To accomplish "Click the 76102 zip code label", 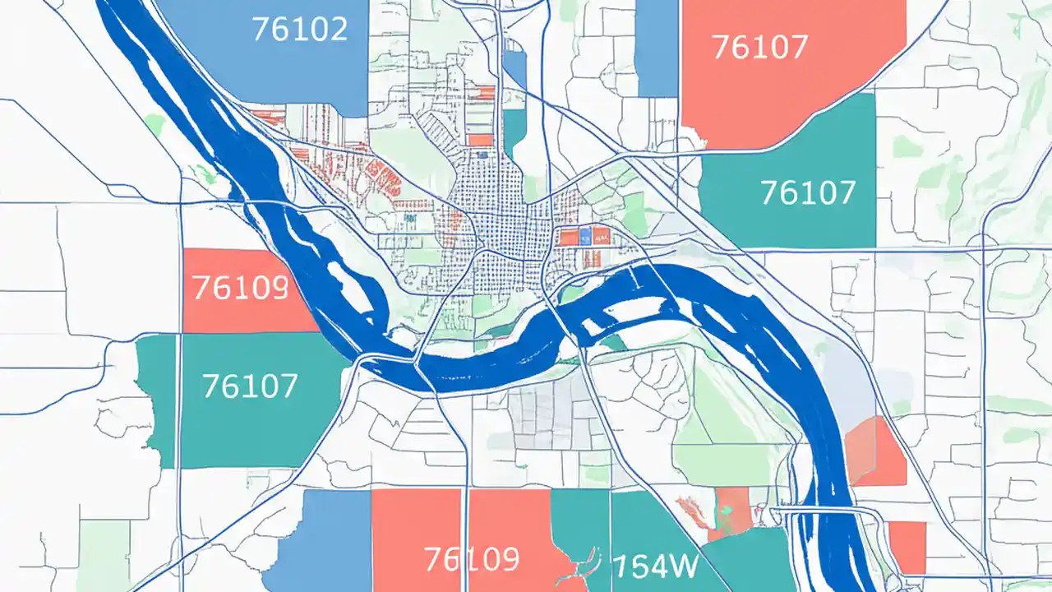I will coord(299,30).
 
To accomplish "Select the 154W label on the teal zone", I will coord(655,566).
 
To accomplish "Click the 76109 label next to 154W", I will coord(472,559).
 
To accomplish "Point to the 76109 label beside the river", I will coord(239,287).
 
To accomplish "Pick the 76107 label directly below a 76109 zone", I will coord(249,385).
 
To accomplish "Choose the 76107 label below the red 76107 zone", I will coord(808,192).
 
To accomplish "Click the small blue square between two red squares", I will coord(585,238).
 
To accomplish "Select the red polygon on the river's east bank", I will coord(876,451).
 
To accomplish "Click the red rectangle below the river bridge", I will coord(907,546).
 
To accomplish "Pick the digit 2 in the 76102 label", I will coord(337,30).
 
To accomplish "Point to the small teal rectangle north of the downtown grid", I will coord(514,132).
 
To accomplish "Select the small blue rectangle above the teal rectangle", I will coord(514,69).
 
